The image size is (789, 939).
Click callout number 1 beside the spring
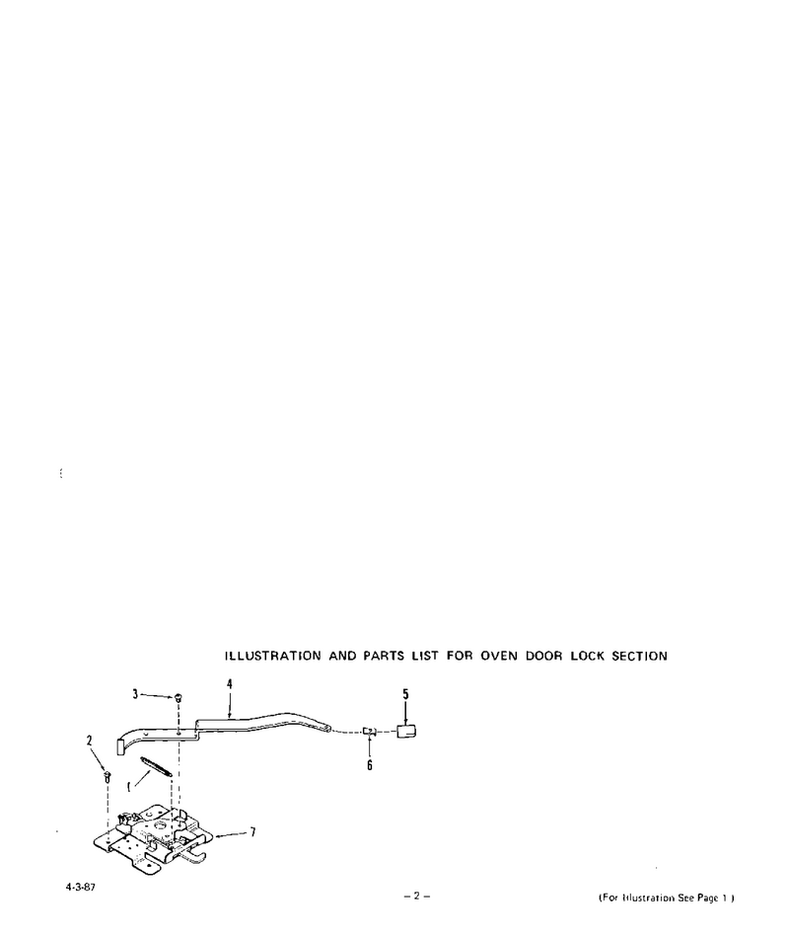(x=128, y=786)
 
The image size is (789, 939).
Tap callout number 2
(x=89, y=741)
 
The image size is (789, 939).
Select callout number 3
(x=135, y=694)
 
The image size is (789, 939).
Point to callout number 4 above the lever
(x=229, y=684)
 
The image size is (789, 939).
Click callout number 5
(x=405, y=694)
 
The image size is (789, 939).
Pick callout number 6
(x=370, y=765)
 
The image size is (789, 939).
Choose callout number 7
(x=253, y=831)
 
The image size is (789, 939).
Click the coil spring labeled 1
(x=157, y=766)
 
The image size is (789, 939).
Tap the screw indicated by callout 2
(x=108, y=777)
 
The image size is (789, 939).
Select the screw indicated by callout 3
(x=179, y=698)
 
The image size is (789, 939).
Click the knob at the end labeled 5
(x=406, y=732)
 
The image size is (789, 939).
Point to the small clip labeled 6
(x=370, y=731)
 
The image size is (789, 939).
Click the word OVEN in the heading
(x=499, y=656)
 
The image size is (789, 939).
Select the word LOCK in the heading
(x=588, y=656)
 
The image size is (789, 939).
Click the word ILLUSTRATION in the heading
(x=273, y=656)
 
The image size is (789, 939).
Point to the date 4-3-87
(x=80, y=888)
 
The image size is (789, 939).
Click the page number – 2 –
(x=417, y=897)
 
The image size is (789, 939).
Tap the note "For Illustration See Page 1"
(x=667, y=898)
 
